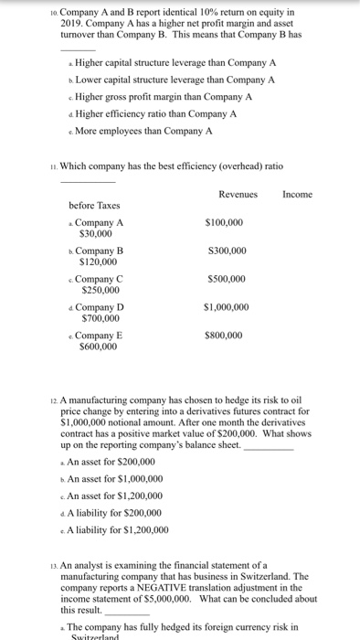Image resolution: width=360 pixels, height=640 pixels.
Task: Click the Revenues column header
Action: tap(238, 194)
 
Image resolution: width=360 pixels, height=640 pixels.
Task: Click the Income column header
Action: tap(298, 194)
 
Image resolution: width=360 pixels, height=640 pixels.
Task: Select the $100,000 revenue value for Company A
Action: tap(225, 222)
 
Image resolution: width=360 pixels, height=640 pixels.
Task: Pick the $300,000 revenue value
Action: tap(225, 250)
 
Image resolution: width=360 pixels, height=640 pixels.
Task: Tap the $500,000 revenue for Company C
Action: tap(225, 279)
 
